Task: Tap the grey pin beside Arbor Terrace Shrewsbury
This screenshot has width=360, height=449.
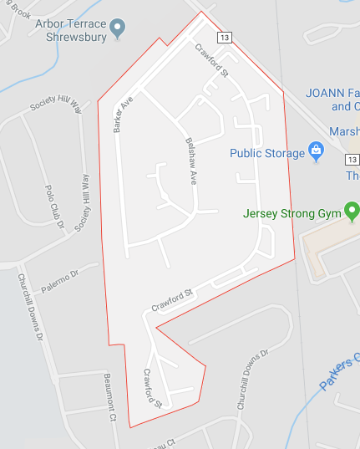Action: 118,28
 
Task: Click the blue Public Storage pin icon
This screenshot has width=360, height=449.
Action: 316,151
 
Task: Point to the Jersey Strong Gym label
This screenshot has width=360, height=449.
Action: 292,213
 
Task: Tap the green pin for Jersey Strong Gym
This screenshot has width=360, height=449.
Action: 352,212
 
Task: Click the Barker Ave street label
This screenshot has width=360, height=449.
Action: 124,115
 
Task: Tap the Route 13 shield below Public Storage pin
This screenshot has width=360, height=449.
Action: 352,160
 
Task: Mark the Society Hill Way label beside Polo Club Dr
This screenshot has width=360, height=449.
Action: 83,203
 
